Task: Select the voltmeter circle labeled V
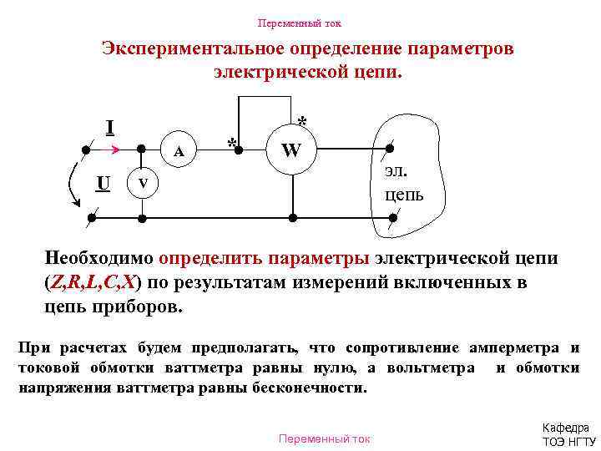[x=143, y=183]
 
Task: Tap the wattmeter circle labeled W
[x=291, y=152]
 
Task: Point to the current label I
[x=109, y=128]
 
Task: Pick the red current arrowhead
[x=117, y=152]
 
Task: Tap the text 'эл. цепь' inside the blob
[x=403, y=183]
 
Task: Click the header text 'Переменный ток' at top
[x=300, y=23]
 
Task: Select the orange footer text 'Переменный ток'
[x=323, y=438]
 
